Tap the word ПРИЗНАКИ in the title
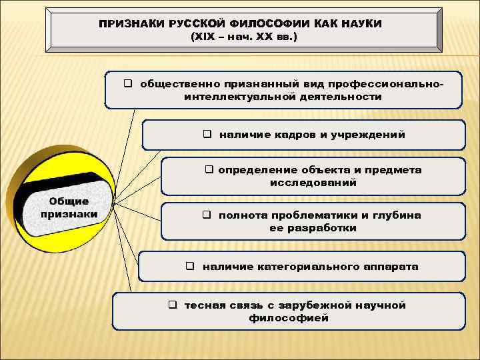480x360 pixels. coord(127,23)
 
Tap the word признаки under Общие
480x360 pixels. coord(70,214)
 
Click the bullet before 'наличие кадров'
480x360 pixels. coord(207,134)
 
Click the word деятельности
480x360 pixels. coord(339,97)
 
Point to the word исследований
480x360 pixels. coord(313,182)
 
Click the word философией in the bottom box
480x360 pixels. coord(289,318)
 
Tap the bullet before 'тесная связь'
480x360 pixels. coord(171,305)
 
